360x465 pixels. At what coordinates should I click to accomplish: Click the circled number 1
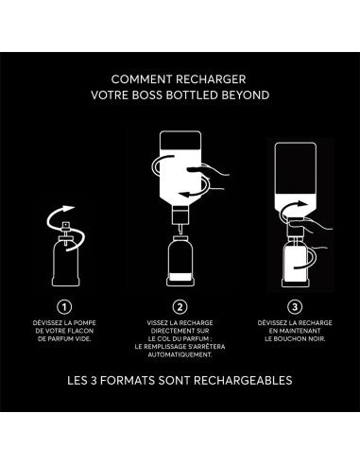[x=64, y=306]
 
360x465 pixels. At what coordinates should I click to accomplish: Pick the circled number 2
[x=180, y=306]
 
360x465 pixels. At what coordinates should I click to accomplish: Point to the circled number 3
[x=295, y=306]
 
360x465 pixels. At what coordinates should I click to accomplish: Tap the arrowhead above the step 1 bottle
[x=69, y=209]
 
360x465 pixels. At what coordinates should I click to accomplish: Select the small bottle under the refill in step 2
[x=180, y=261]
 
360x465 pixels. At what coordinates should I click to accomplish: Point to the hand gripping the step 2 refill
[x=209, y=177]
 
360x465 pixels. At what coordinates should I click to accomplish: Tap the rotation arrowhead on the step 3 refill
[x=303, y=204]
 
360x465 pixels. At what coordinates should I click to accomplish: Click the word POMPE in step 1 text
[x=84, y=323]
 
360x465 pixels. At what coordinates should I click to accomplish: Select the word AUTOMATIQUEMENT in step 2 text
[x=180, y=354]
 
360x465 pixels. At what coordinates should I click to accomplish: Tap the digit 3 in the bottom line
[x=93, y=380]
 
